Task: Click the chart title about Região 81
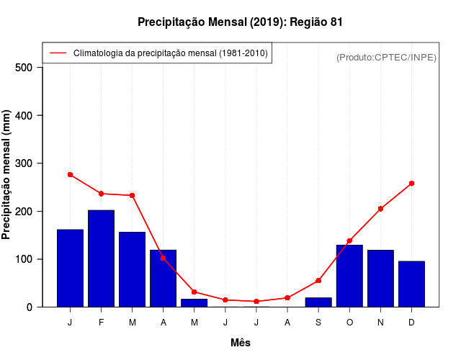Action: pyautogui.click(x=240, y=22)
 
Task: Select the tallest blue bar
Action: pyautogui.click(x=101, y=258)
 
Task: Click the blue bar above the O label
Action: pyautogui.click(x=349, y=276)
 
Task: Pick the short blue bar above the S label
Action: pyautogui.click(x=318, y=302)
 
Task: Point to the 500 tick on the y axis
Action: pyautogui.click(x=24, y=68)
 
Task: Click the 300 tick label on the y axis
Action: pyautogui.click(x=24, y=163)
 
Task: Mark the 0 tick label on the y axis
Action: pyautogui.click(x=30, y=307)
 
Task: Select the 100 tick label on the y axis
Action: pyautogui.click(x=24, y=259)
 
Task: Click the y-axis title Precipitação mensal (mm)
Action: pyautogui.click(x=6, y=175)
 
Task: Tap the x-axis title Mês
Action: pyautogui.click(x=241, y=343)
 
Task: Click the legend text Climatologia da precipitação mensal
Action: pyautogui.click(x=170, y=53)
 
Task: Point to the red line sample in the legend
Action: pyautogui.click(x=58, y=53)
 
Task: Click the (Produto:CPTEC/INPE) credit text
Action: pyautogui.click(x=386, y=57)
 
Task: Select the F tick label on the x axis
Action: pyautogui.click(x=101, y=323)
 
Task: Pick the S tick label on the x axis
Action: pyautogui.click(x=318, y=323)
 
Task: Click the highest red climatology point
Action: pyautogui.click(x=70, y=174)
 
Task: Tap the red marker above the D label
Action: pyautogui.click(x=411, y=184)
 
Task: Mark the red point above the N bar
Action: pyautogui.click(x=380, y=209)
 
